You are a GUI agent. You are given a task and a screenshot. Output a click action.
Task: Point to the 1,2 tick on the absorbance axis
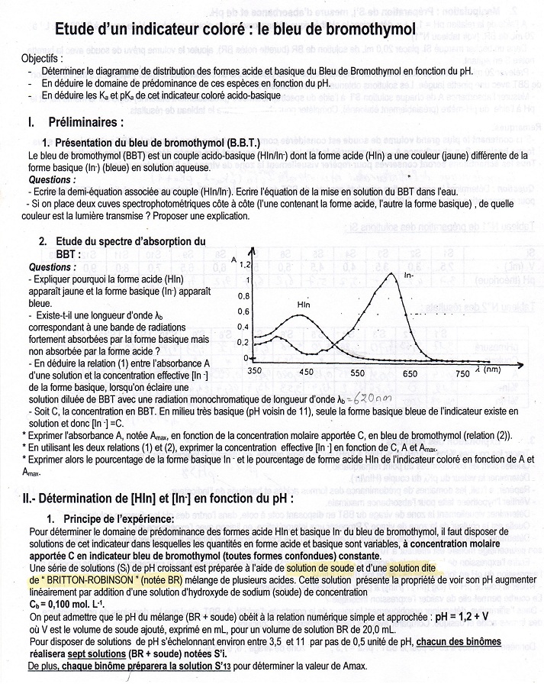tap(244, 265)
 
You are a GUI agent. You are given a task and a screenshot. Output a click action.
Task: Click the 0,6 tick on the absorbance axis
tap(244, 311)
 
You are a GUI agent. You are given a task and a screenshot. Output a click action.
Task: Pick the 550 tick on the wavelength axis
tap(358, 374)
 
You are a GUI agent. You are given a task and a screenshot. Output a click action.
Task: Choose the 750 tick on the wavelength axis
tap(462, 374)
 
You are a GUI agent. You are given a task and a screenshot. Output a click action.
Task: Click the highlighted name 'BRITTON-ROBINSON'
tap(100, 579)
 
